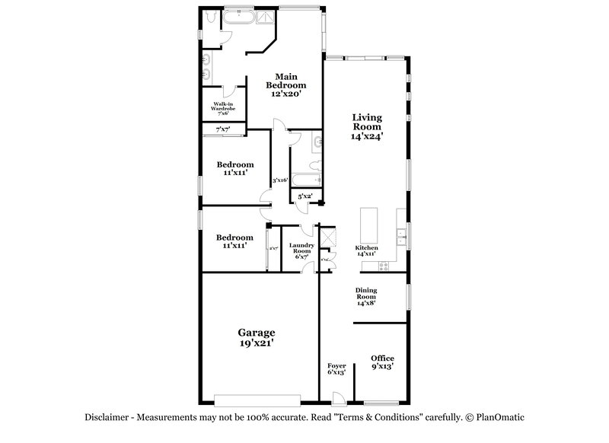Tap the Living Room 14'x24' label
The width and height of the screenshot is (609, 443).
(366, 127)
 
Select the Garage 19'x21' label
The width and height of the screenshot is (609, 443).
(256, 338)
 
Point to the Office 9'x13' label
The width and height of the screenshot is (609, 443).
(382, 362)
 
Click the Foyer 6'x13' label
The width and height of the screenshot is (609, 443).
(336, 370)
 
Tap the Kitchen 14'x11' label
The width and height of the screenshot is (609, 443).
(366, 252)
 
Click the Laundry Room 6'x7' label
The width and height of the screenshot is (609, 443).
(301, 250)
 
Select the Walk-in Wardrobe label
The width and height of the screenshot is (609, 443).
(222, 108)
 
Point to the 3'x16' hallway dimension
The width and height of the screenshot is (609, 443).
(279, 180)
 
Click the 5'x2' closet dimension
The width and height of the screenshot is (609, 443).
(304, 196)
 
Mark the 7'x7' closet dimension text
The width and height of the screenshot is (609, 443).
(222, 130)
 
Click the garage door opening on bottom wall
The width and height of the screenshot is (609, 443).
(257, 399)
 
